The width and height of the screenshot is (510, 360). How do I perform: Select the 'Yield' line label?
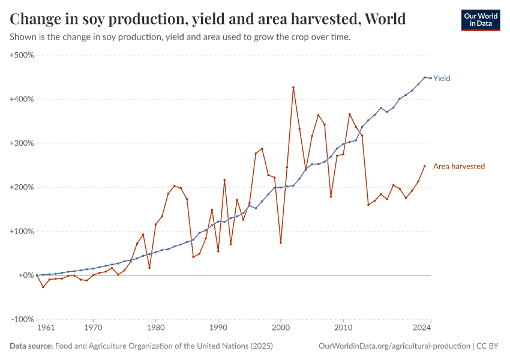pyautogui.click(x=442, y=79)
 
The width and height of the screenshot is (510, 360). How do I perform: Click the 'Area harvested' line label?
pyautogui.click(x=458, y=166)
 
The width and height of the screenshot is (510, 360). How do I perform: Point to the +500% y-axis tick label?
pyautogui.click(x=22, y=55)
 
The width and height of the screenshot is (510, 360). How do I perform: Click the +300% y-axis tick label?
pyautogui.click(x=22, y=143)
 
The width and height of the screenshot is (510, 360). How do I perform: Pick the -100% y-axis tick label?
pyautogui.click(x=22, y=319)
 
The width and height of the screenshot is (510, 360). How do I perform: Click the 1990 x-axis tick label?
pyautogui.click(x=218, y=328)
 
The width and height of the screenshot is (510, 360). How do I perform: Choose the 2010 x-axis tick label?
pyautogui.click(x=343, y=328)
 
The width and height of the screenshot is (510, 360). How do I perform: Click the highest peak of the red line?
pyautogui.click(x=293, y=88)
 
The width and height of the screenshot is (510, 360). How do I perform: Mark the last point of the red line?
pyautogui.click(x=424, y=166)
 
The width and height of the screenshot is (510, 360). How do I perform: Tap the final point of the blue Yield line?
pyautogui.click(x=430, y=78)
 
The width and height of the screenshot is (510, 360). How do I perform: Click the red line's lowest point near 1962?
pyautogui.click(x=43, y=287)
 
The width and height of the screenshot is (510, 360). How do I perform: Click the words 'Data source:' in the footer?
pyautogui.click(x=31, y=346)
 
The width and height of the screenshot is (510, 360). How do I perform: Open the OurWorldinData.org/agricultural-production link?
pyautogui.click(x=395, y=346)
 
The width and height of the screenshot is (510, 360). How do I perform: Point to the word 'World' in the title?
pyautogui.click(x=385, y=19)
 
